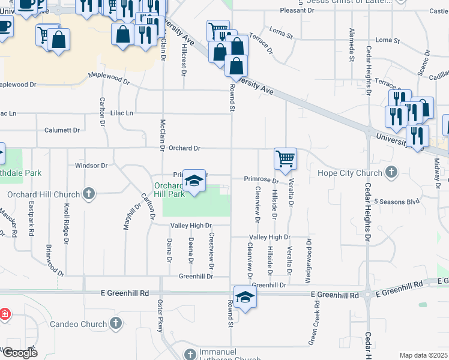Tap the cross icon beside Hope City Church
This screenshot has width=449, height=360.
[391, 173]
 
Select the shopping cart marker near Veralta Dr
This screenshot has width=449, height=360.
[285, 159]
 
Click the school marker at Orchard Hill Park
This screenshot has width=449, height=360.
[194, 181]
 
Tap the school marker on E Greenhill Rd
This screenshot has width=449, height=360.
[245, 297]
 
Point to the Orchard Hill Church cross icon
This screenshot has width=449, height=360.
[89, 194]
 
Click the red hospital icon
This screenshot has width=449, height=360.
[4, 314]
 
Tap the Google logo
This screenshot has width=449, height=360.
[19, 353]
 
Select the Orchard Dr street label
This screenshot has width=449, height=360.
[184, 148]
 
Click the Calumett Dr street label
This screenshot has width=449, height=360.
[62, 130]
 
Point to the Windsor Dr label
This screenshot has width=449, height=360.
[91, 166]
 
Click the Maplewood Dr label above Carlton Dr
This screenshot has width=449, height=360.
[108, 78]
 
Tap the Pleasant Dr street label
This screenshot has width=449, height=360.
[297, 11]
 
